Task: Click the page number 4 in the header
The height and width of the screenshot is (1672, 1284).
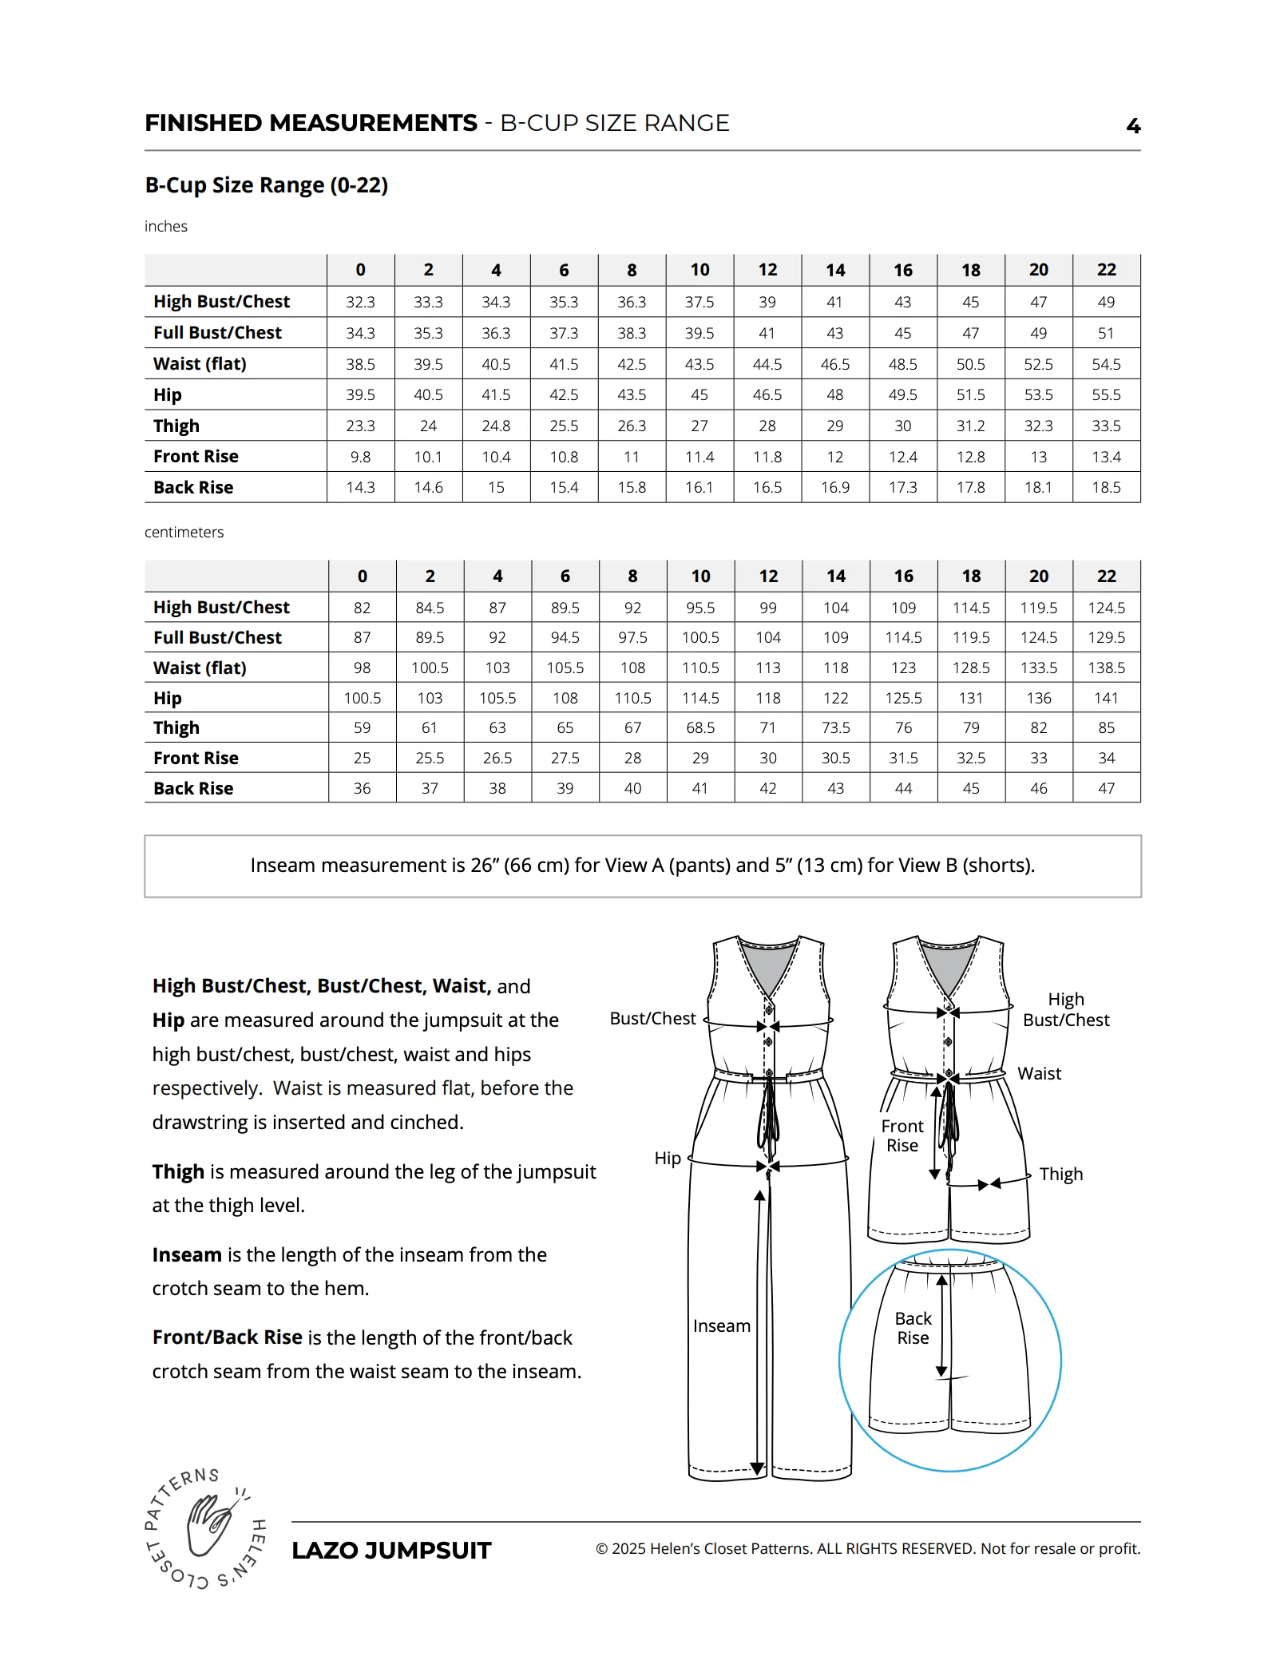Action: point(1133,125)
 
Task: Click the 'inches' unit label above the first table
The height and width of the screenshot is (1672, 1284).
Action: point(166,227)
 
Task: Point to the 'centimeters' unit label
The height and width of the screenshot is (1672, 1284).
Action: point(184,533)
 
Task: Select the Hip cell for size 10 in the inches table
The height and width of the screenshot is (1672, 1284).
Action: point(699,395)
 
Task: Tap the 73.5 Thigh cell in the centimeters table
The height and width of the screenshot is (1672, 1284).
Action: point(835,728)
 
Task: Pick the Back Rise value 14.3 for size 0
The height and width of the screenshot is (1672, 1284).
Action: point(360,488)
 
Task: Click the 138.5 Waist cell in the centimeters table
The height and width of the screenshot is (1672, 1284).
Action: point(1106,668)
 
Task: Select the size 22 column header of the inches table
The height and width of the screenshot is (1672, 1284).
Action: point(1106,271)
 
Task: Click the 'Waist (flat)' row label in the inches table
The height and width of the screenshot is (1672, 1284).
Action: point(200,364)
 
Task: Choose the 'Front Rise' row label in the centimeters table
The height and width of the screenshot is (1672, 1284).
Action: point(196,759)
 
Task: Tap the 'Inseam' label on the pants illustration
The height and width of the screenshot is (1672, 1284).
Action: point(721,1326)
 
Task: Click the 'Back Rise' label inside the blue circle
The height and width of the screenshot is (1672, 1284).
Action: point(913,1329)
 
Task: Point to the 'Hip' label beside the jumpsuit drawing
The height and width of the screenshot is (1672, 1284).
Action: point(668,1159)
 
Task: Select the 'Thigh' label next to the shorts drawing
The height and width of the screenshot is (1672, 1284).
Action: point(1060,1175)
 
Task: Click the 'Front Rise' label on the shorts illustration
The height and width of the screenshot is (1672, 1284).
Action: point(902,1136)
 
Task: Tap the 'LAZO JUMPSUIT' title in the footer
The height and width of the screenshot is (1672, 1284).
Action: point(391,1551)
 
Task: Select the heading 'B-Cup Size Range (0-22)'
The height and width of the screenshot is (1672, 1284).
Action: point(266,185)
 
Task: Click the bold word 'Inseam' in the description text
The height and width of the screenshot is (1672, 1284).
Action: point(187,1255)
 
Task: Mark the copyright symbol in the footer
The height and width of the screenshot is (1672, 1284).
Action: point(602,1550)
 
